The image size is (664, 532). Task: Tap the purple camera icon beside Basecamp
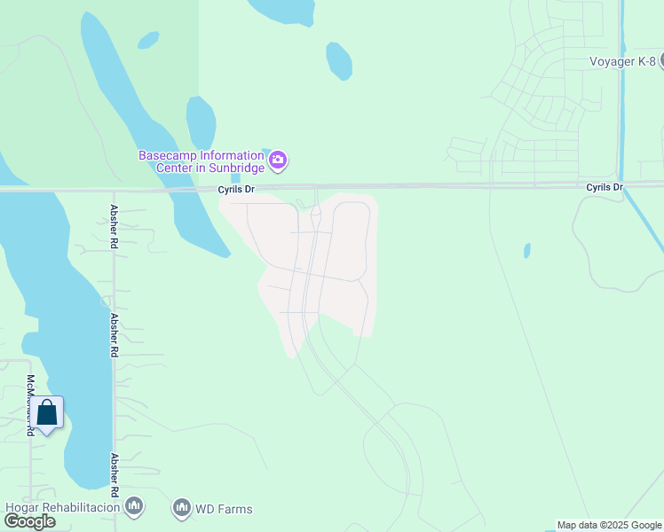(279, 160)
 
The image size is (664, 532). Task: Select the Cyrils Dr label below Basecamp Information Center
(237, 190)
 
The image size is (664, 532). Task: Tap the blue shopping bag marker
(47, 413)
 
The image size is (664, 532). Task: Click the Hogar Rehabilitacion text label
(62, 508)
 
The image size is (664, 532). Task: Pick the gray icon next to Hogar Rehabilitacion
(134, 507)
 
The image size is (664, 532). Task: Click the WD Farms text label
(224, 509)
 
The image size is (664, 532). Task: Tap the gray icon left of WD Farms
(182, 508)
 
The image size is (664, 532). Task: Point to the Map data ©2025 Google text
(609, 525)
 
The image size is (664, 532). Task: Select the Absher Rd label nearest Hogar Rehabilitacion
(115, 476)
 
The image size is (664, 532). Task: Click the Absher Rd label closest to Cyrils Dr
(115, 220)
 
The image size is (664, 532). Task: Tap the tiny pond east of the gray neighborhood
(527, 251)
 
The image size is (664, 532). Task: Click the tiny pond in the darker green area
(148, 40)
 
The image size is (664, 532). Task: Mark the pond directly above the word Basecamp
(201, 122)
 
